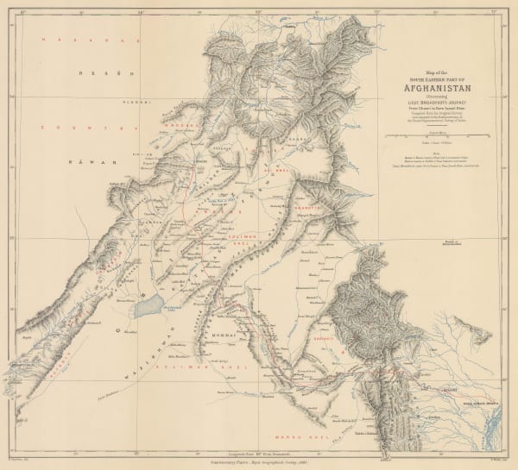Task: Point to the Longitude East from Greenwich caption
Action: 259,450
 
